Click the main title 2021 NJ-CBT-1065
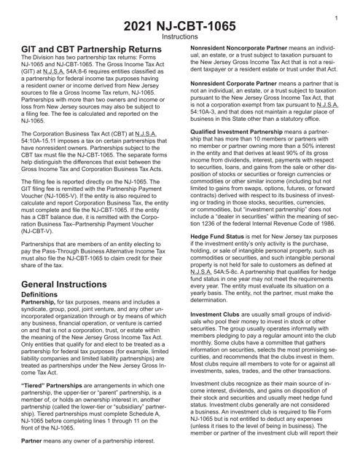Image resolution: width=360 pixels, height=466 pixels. (x=179, y=15)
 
